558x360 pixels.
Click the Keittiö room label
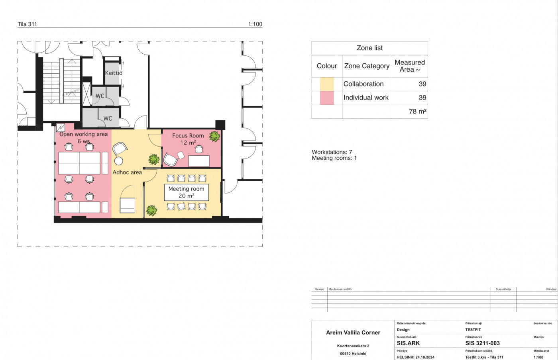point(114,73)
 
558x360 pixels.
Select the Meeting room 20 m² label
point(187,192)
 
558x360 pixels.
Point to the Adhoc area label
point(127,172)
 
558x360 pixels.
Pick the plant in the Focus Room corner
point(214,137)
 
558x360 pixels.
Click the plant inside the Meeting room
point(151,211)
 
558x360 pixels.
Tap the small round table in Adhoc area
point(119,161)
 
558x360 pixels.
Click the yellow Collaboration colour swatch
point(327,84)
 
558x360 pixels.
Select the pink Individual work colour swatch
point(327,98)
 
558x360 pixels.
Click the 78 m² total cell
point(418,112)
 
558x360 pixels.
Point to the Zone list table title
point(370,48)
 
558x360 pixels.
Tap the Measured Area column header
point(410,66)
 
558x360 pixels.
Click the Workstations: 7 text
point(332,152)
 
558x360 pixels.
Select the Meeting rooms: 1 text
point(334,158)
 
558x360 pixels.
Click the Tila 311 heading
point(27,24)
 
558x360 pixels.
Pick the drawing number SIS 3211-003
point(483,343)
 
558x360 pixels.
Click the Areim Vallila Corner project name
point(353,333)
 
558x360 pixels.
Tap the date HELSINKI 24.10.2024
point(415,357)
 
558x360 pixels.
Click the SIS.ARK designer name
point(408,343)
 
